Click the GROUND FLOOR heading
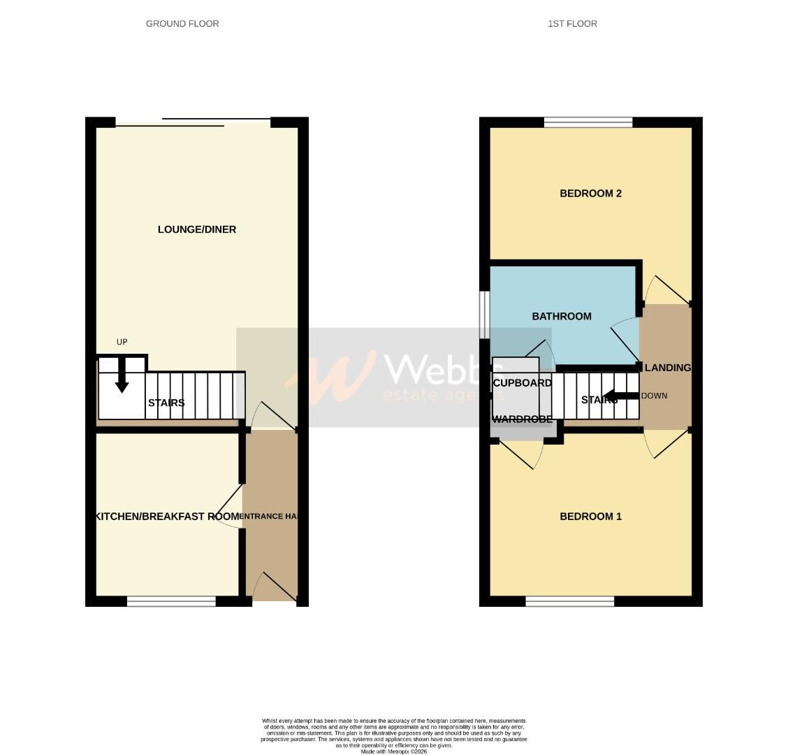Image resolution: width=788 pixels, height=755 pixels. pos(182,24)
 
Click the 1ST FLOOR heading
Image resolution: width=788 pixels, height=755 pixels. pos(572,24)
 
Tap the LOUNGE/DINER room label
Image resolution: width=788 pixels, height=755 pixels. pos(197,229)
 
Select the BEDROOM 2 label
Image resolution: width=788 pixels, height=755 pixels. pos(590,194)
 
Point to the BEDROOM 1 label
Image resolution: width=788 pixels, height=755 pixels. pos(590,517)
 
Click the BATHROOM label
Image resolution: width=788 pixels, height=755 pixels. pos(562,317)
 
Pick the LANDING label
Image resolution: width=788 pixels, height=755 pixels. pos(668,368)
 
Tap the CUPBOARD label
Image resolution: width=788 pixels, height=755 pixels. pos(522,383)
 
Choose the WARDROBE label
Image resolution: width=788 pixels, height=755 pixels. pos(522,419)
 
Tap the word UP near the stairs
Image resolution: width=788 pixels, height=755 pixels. pos(122,342)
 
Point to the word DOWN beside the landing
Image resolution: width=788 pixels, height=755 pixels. pos(655,396)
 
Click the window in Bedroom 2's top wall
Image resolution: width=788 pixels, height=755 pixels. pos(588,123)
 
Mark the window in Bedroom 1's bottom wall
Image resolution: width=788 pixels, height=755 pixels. pos(570,601)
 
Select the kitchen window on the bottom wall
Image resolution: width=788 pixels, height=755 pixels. pos(171,601)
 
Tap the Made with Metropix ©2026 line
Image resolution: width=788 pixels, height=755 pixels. pos(393,752)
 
